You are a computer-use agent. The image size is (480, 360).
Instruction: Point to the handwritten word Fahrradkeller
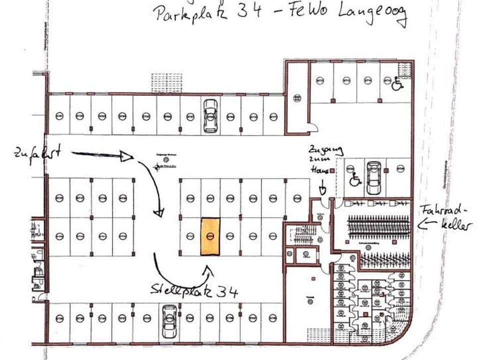(x=445, y=217)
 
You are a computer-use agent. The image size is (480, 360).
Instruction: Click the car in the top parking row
(x=211, y=115)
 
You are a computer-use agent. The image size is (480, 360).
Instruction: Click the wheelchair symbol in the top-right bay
(x=397, y=83)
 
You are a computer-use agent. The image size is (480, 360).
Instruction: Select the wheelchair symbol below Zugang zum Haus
(x=355, y=179)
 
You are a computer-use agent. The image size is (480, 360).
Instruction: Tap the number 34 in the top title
(x=248, y=11)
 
